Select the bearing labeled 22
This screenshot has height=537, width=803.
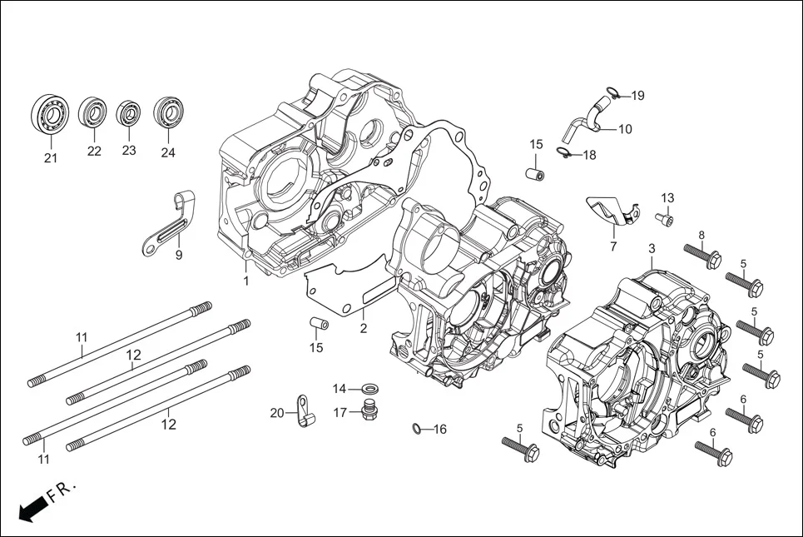[93, 113]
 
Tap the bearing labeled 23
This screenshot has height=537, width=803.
[128, 113]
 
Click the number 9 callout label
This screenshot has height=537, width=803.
[178, 256]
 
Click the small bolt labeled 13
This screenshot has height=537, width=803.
[664, 219]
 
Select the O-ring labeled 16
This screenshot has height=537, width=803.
[415, 429]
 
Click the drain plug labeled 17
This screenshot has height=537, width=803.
[367, 410]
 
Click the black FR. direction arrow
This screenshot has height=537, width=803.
[32, 508]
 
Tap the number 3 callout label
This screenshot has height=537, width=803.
[652, 249]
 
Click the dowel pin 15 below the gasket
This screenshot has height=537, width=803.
[316, 323]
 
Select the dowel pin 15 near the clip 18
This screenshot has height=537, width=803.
[536, 174]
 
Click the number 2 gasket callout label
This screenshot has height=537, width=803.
[364, 328]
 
